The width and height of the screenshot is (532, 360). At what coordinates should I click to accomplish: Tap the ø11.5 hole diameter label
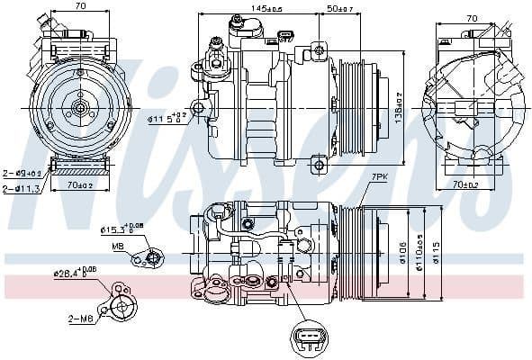168,117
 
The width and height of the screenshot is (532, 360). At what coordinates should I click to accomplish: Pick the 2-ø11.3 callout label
19,188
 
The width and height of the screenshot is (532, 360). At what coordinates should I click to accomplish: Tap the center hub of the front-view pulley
80,109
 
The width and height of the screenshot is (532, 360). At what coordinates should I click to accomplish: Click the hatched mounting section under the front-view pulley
80,170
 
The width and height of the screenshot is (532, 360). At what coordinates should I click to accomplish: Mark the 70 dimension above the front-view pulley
80,7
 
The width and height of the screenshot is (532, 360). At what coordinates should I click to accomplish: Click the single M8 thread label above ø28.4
118,246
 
